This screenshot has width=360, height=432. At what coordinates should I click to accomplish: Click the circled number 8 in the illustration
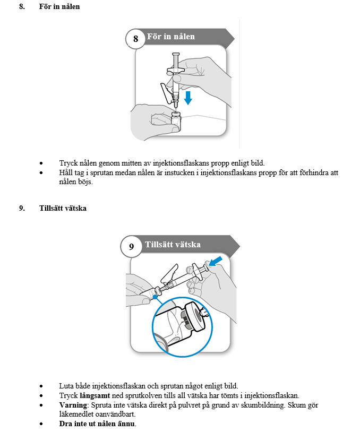135,38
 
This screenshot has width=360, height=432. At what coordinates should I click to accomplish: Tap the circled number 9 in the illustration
132,246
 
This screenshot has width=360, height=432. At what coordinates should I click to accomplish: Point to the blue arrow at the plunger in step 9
216,261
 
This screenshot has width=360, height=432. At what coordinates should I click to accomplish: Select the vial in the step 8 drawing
176,122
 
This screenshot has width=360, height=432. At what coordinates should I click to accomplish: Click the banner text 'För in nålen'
170,37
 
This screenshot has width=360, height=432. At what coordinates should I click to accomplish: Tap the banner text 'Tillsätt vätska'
173,245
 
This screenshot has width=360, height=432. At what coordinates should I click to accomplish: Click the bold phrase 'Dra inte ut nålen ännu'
97,424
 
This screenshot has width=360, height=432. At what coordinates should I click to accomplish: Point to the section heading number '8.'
22,7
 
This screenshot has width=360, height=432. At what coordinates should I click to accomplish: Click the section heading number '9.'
22,208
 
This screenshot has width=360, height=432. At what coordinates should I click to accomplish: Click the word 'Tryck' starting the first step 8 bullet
67,163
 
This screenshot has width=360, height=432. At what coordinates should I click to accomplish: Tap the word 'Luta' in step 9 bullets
66,386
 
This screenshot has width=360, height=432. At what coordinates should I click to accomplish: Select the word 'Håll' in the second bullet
66,172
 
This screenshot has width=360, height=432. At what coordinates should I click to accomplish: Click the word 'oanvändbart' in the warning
120,414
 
